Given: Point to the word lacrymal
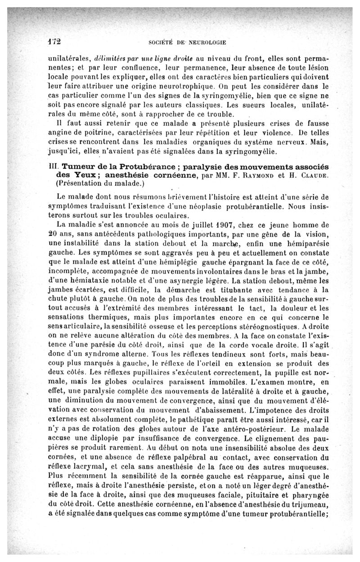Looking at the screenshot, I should click(x=94, y=464).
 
